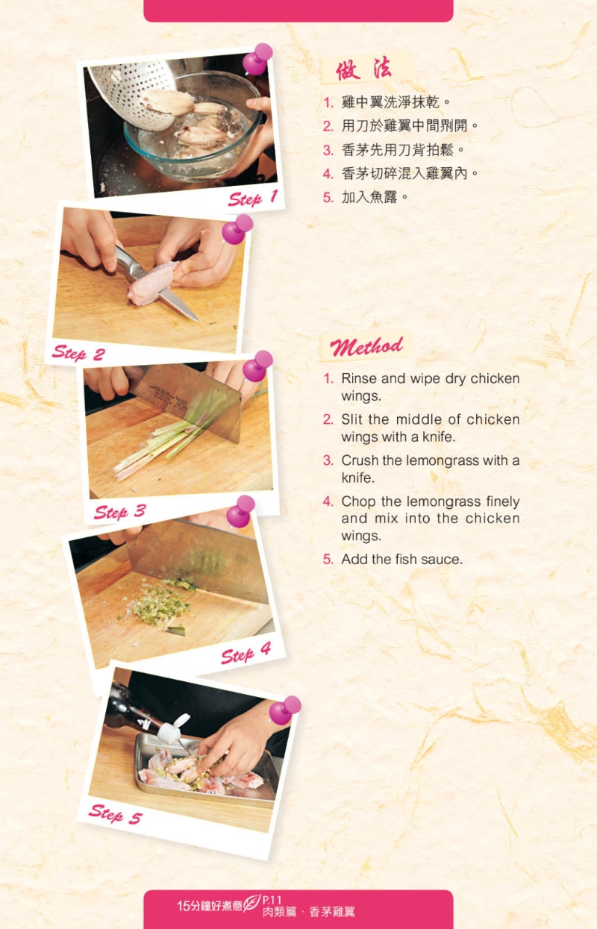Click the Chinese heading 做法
coord(363,69)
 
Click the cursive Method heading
coord(366,346)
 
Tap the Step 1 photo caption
coord(253,198)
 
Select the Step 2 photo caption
coord(78,353)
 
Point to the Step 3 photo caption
coord(120,511)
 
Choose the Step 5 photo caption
coord(116,813)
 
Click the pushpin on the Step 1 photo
coord(257,59)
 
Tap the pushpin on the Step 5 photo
coord(284,710)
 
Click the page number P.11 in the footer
coord(272,900)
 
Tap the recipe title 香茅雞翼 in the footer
coord(332,912)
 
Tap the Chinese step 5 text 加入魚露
coord(369,197)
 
